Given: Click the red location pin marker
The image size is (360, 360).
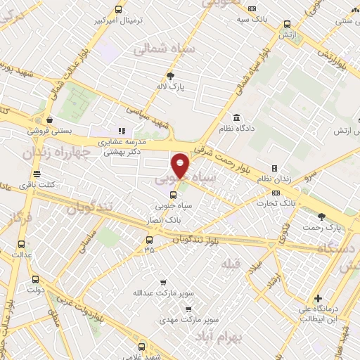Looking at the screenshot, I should (x=181, y=167).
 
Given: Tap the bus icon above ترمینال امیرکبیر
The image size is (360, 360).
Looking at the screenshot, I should (x=118, y=10).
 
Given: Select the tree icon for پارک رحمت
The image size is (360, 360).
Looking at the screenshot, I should (x=322, y=217).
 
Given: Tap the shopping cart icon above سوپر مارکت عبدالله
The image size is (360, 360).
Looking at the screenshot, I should (x=163, y=281).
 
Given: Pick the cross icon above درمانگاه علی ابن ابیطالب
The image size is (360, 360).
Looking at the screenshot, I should (x=319, y=298).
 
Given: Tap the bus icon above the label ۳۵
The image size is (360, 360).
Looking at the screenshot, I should (x=148, y=239).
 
